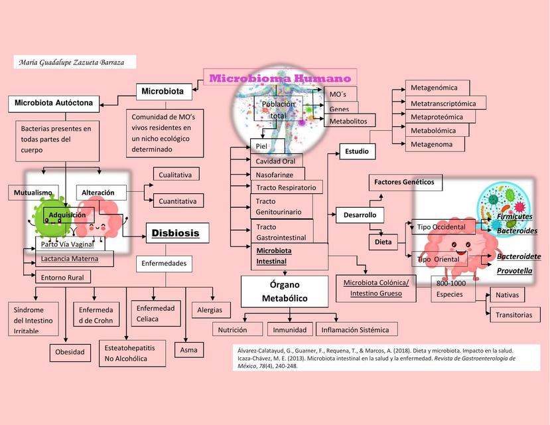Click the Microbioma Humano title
280,78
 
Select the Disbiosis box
177,233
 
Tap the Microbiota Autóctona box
55,103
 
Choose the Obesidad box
70,351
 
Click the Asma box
188,349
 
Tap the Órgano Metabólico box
285,291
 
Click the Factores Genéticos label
404,182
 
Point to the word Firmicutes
515,216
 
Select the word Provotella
515,271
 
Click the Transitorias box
514,315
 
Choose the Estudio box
356,151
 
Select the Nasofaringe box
275,174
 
